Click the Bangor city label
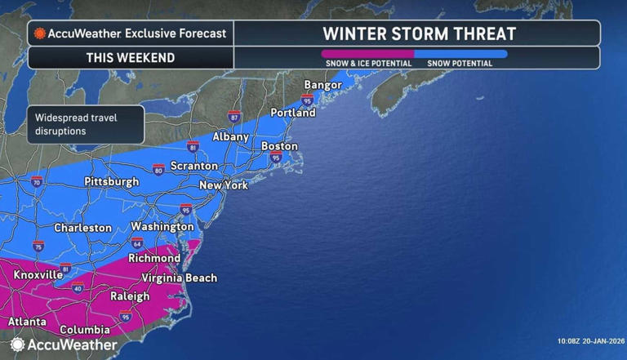point(322,85)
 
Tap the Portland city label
point(293,113)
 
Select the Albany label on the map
point(230,137)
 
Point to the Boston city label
point(279,146)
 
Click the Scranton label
point(194,166)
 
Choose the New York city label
point(224,185)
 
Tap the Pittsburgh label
point(112,182)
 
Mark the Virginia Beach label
point(180,278)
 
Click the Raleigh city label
point(129,296)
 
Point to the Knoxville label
point(38,275)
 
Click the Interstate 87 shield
point(234,117)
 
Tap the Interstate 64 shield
point(137,243)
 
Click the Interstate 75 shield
point(39,246)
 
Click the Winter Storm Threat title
point(419,33)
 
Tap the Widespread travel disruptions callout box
point(85,124)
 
